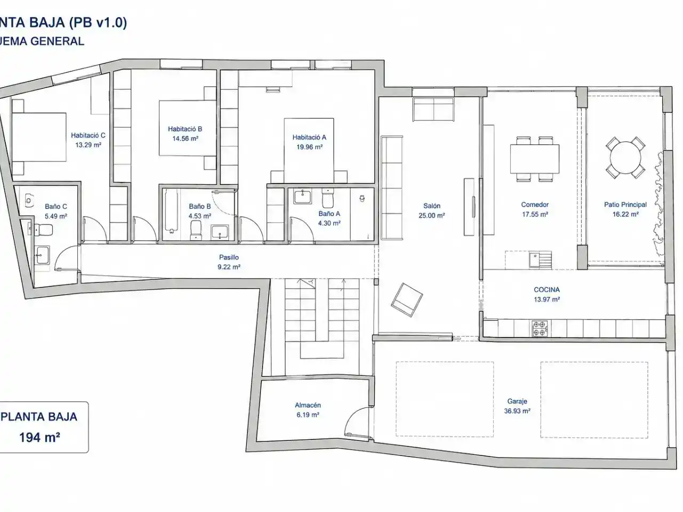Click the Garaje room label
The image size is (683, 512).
517,401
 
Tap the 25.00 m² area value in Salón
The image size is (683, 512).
432,215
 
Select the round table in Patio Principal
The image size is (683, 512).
625,158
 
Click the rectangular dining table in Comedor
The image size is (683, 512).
535,158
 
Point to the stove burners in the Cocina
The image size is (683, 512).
539,329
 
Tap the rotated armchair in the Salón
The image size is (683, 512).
407,300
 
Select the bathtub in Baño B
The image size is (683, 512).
171,211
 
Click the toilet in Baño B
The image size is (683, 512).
196,230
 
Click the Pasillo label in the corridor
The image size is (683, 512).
229,257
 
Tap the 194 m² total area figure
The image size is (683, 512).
39,437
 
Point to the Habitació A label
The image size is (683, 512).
309,137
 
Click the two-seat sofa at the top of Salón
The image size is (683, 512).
433,109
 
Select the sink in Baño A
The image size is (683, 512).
303,197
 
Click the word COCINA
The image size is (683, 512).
547,290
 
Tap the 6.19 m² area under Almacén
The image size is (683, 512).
308,415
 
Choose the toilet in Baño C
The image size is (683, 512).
42,230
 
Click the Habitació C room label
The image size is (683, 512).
88,135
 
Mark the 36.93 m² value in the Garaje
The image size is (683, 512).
517,411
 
